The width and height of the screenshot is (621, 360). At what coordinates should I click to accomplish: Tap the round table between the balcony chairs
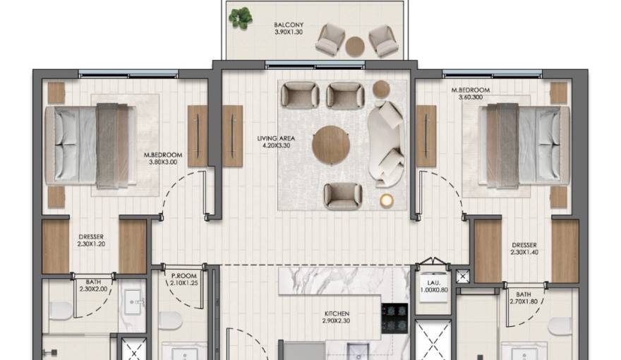(x=355, y=46)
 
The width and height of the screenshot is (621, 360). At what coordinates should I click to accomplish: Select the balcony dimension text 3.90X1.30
(x=289, y=32)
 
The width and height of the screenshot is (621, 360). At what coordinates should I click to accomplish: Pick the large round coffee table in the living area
(x=331, y=145)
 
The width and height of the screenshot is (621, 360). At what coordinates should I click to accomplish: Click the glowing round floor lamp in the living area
(x=386, y=201)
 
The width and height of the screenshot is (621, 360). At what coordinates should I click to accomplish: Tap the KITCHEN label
(x=337, y=314)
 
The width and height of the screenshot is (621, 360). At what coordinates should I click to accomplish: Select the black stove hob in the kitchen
(x=394, y=318)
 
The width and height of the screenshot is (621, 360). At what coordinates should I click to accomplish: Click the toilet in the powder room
(x=170, y=321)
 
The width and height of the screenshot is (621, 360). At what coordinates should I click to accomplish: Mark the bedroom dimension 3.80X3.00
(x=163, y=162)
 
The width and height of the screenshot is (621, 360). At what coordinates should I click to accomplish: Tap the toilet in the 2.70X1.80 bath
(x=561, y=325)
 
